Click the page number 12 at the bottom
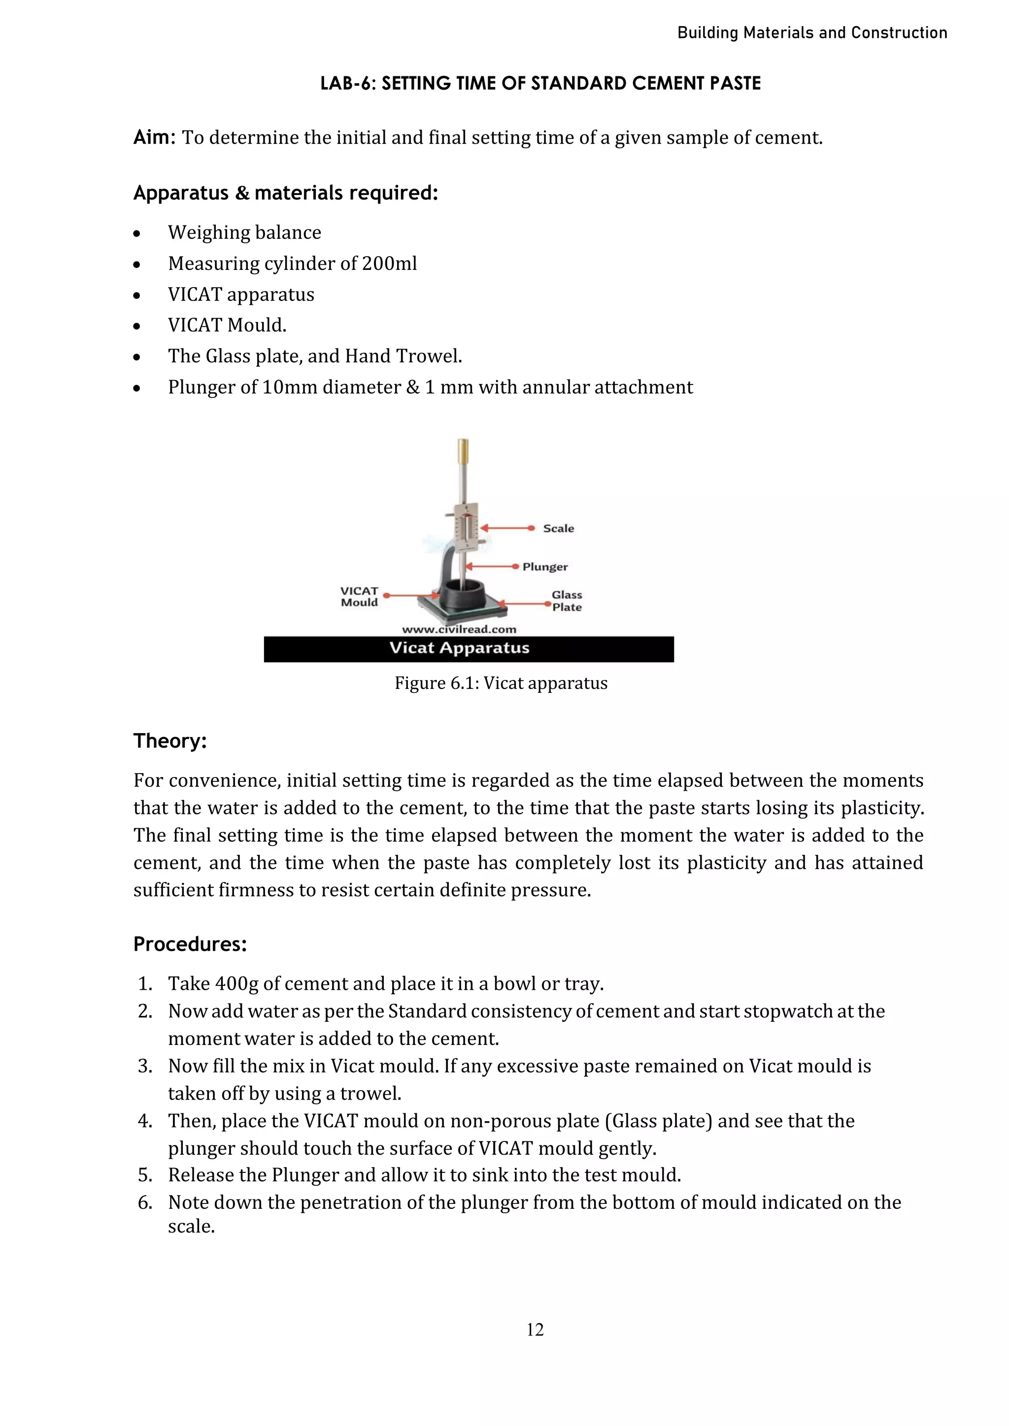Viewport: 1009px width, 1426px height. (535, 1329)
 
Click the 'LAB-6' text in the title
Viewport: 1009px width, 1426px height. (348, 84)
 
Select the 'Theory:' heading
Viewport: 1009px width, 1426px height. (169, 741)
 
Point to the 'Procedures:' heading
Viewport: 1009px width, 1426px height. (190, 944)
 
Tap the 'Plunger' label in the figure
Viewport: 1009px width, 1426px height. (545, 567)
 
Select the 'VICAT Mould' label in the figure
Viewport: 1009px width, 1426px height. (359, 597)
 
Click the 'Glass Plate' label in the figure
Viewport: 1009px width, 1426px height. (567, 601)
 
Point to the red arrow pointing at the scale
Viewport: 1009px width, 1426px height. (506, 528)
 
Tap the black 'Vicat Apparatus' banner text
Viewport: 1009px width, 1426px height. (459, 648)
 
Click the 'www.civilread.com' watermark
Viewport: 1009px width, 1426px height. (459, 629)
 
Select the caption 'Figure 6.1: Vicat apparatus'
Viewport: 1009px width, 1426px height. (501, 683)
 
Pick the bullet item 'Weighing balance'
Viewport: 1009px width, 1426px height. (244, 232)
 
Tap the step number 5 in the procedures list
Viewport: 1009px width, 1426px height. (145, 1175)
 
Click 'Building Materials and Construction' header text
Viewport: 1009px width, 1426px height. (811, 33)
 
